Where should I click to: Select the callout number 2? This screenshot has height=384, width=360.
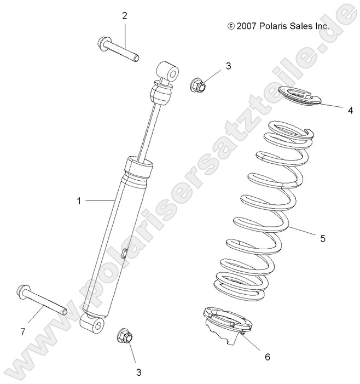click(x=124, y=16)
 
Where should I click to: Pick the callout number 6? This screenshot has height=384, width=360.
click(x=268, y=357)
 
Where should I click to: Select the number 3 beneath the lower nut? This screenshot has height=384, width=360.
click(x=139, y=372)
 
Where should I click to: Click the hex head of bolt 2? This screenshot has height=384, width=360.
click(x=103, y=42)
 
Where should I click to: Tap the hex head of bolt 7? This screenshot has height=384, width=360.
click(x=24, y=290)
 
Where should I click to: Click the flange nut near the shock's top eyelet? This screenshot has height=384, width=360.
click(x=198, y=84)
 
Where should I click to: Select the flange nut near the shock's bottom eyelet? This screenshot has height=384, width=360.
click(x=124, y=336)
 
